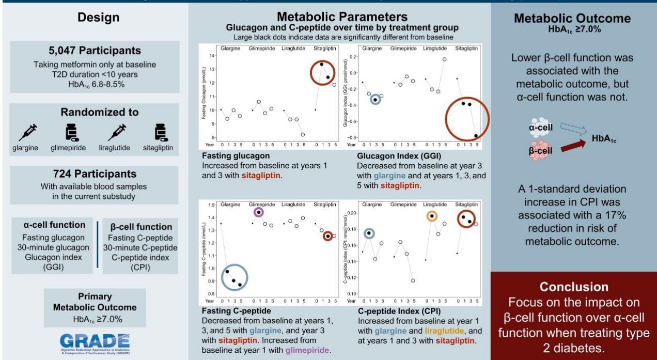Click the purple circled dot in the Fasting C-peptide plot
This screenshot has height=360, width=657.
259,212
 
